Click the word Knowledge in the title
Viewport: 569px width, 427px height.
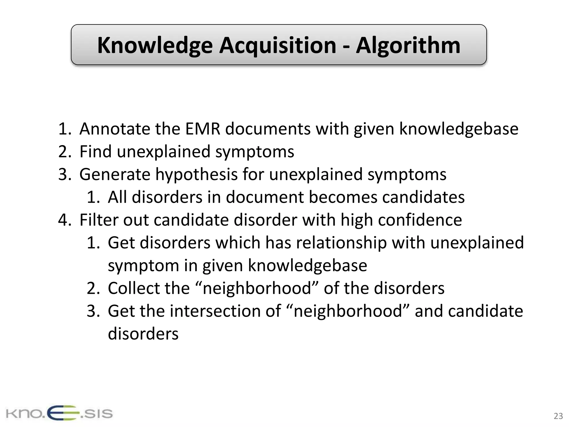pyautogui.click(x=155, y=46)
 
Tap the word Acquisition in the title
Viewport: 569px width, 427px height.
pyautogui.click(x=278, y=46)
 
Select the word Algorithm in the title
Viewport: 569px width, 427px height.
pyautogui.click(x=408, y=45)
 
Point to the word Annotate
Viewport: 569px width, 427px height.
pyautogui.click(x=115, y=129)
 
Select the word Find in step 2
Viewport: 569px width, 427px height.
pyautogui.click(x=95, y=152)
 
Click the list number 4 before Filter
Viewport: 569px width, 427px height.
pyautogui.click(x=64, y=220)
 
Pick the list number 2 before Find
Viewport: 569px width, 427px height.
pyautogui.click(x=64, y=152)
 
